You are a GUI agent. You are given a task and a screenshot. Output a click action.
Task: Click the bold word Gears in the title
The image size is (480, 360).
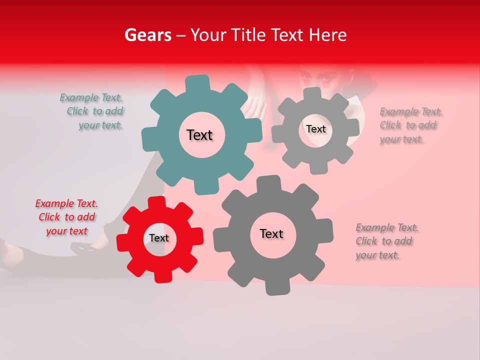pos(147,35)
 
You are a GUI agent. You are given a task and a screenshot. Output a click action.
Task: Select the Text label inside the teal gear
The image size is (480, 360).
pos(199,135)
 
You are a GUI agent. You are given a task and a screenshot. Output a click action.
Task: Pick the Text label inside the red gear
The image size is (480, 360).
pos(159,238)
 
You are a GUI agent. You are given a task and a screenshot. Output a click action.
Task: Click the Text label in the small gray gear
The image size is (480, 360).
pos(316,129)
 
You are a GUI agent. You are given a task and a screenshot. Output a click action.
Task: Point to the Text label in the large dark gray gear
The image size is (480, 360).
pos(271,234)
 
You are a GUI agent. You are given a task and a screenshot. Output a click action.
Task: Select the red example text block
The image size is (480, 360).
pos(66,217)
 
